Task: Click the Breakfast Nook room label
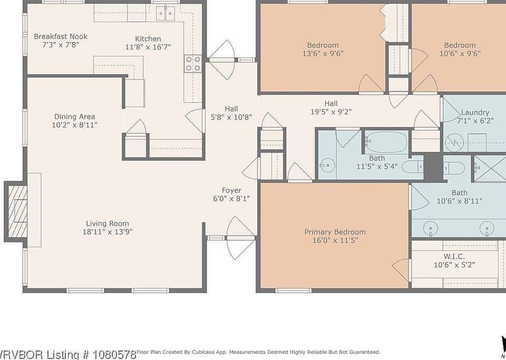pos(61,36)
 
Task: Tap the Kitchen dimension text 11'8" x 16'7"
pos(148,47)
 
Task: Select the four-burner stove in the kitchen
pos(193,63)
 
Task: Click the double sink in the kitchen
pos(166,14)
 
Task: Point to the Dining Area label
pos(74,116)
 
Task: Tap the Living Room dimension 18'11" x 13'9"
pos(108,231)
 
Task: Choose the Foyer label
pos(231,190)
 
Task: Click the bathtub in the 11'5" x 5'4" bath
pos(387,142)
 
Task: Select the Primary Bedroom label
pos(335,232)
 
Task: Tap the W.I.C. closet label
pos(454,257)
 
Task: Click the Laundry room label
pos(475,113)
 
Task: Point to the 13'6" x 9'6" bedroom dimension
pos(323,54)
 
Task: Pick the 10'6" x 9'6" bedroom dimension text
pos(460,54)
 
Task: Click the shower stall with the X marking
pos(490,168)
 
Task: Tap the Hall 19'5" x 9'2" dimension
pos(331,112)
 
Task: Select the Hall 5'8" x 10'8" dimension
pos(231,118)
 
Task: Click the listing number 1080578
pos(112,355)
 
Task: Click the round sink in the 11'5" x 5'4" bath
pos(326,166)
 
